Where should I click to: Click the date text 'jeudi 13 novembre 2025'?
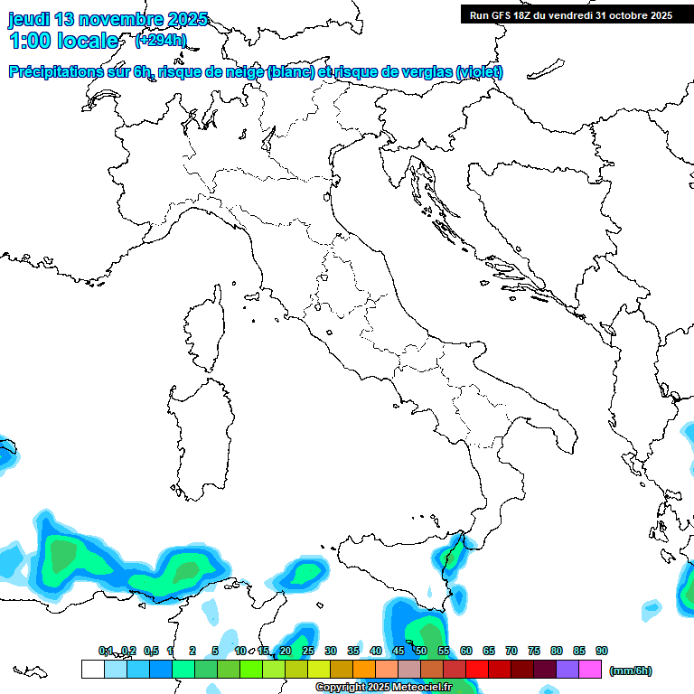tap(108, 19)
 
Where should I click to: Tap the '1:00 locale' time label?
tap(63, 41)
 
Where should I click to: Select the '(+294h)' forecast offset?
tap(160, 41)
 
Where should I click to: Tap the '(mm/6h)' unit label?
tap(630, 671)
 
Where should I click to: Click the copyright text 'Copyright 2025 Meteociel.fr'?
tap(383, 688)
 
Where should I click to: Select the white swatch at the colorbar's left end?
tap(92, 670)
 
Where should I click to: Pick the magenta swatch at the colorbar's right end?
tap(591, 670)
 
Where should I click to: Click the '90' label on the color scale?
tap(602, 651)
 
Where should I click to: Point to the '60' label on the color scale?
tap(466, 651)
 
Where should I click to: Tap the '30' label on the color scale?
tap(331, 651)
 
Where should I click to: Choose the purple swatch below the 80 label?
tap(568, 670)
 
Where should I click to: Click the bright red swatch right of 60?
tap(477, 670)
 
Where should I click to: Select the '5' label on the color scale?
tap(215, 651)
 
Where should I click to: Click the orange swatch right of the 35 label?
tap(364, 670)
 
